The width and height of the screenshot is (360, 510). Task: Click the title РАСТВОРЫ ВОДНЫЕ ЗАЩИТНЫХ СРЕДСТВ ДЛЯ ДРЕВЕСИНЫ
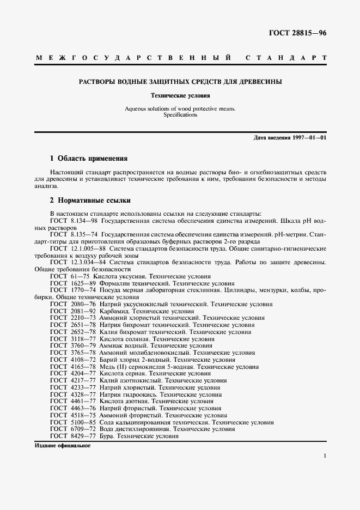(180, 82)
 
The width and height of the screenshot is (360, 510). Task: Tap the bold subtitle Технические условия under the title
(180, 95)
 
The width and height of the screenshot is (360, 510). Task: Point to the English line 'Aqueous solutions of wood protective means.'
(180, 109)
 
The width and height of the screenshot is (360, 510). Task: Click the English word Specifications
(180, 115)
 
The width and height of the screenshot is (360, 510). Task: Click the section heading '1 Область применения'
(88, 159)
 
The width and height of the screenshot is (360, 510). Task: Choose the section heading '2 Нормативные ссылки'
(90, 200)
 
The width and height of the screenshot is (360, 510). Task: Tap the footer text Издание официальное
(62, 445)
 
